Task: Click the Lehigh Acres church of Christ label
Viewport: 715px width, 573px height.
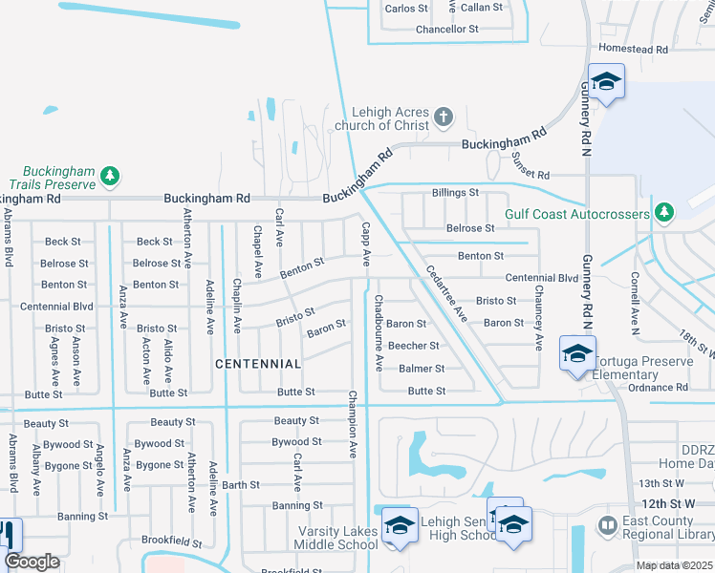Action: click(x=390, y=117)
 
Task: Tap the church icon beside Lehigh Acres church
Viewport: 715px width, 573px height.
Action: click(x=442, y=117)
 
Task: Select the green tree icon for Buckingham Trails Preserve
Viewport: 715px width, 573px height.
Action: click(x=111, y=176)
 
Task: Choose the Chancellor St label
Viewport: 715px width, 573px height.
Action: click(x=447, y=30)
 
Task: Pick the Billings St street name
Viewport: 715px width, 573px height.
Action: click(x=455, y=193)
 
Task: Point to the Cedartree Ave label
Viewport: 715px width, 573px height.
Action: click(x=445, y=292)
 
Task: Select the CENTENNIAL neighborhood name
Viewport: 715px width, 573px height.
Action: click(x=258, y=364)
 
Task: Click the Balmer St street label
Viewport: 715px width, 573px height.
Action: click(x=422, y=369)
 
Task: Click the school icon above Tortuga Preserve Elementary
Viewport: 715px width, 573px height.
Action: click(x=577, y=353)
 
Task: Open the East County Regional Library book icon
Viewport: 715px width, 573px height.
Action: click(x=606, y=525)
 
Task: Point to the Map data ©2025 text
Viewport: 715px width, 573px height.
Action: click(x=674, y=565)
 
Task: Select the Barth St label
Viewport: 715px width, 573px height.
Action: click(x=241, y=485)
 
